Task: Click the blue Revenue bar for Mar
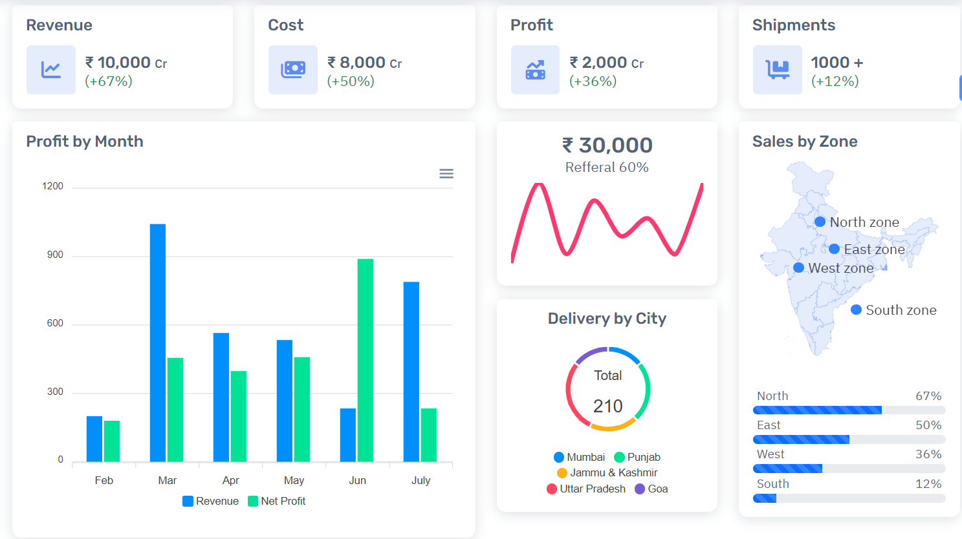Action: pos(158,343)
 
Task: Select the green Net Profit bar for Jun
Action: pos(366,360)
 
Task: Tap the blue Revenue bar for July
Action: pos(411,372)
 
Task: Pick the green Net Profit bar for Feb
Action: pos(112,441)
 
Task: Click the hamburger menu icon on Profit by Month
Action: pos(446,174)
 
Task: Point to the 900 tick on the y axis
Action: pos(55,255)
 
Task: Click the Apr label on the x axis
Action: pos(230,480)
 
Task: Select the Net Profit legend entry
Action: pos(277,501)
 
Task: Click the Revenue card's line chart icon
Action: pos(51,70)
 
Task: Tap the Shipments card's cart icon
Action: pos(778,70)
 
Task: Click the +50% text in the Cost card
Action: pos(351,81)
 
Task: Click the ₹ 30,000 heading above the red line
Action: pos(607,145)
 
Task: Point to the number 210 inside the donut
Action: pos(607,406)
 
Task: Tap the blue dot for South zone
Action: pos(856,310)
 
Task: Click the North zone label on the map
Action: pos(864,222)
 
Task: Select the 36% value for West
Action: pos(928,454)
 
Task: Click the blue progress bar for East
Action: pos(801,439)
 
